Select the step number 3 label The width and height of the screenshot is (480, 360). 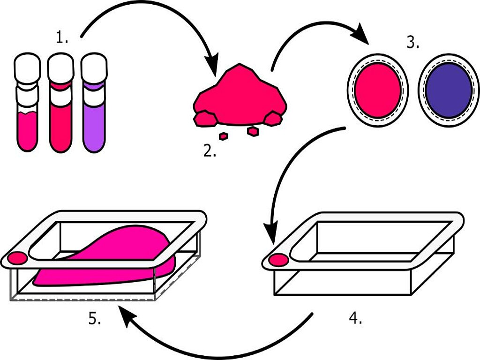point(412,43)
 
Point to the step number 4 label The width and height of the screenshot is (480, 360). point(355,318)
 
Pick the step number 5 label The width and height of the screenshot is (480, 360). point(95,319)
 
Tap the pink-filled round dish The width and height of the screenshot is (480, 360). point(377,90)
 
